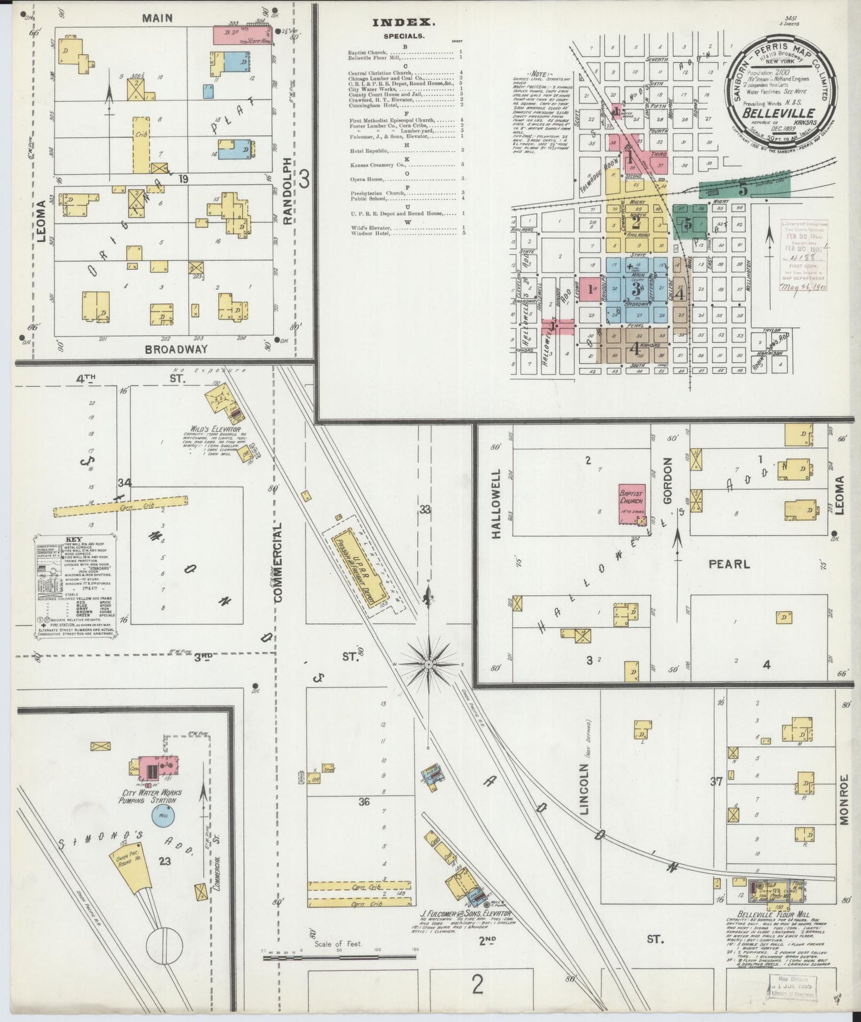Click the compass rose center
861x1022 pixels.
(x=428, y=664)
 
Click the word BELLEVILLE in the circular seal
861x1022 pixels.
(x=779, y=112)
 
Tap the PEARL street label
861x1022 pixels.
(x=728, y=563)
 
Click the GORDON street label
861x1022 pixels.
(x=667, y=483)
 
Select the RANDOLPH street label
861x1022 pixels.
(x=288, y=191)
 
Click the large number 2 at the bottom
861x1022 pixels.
(x=477, y=985)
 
